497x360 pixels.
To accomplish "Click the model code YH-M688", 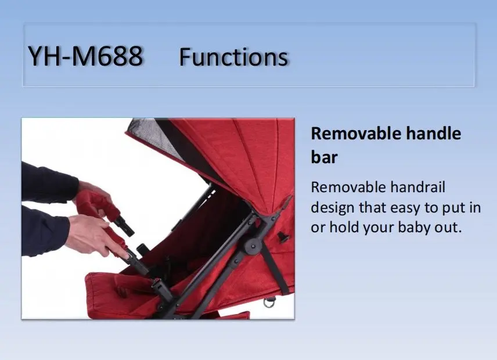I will point(85,57).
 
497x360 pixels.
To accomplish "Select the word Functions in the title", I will point(233,57).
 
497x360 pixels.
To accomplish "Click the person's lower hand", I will point(93,232).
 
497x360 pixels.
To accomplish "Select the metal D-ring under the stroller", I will point(269,302).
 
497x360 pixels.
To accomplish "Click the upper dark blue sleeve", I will point(49,183).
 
